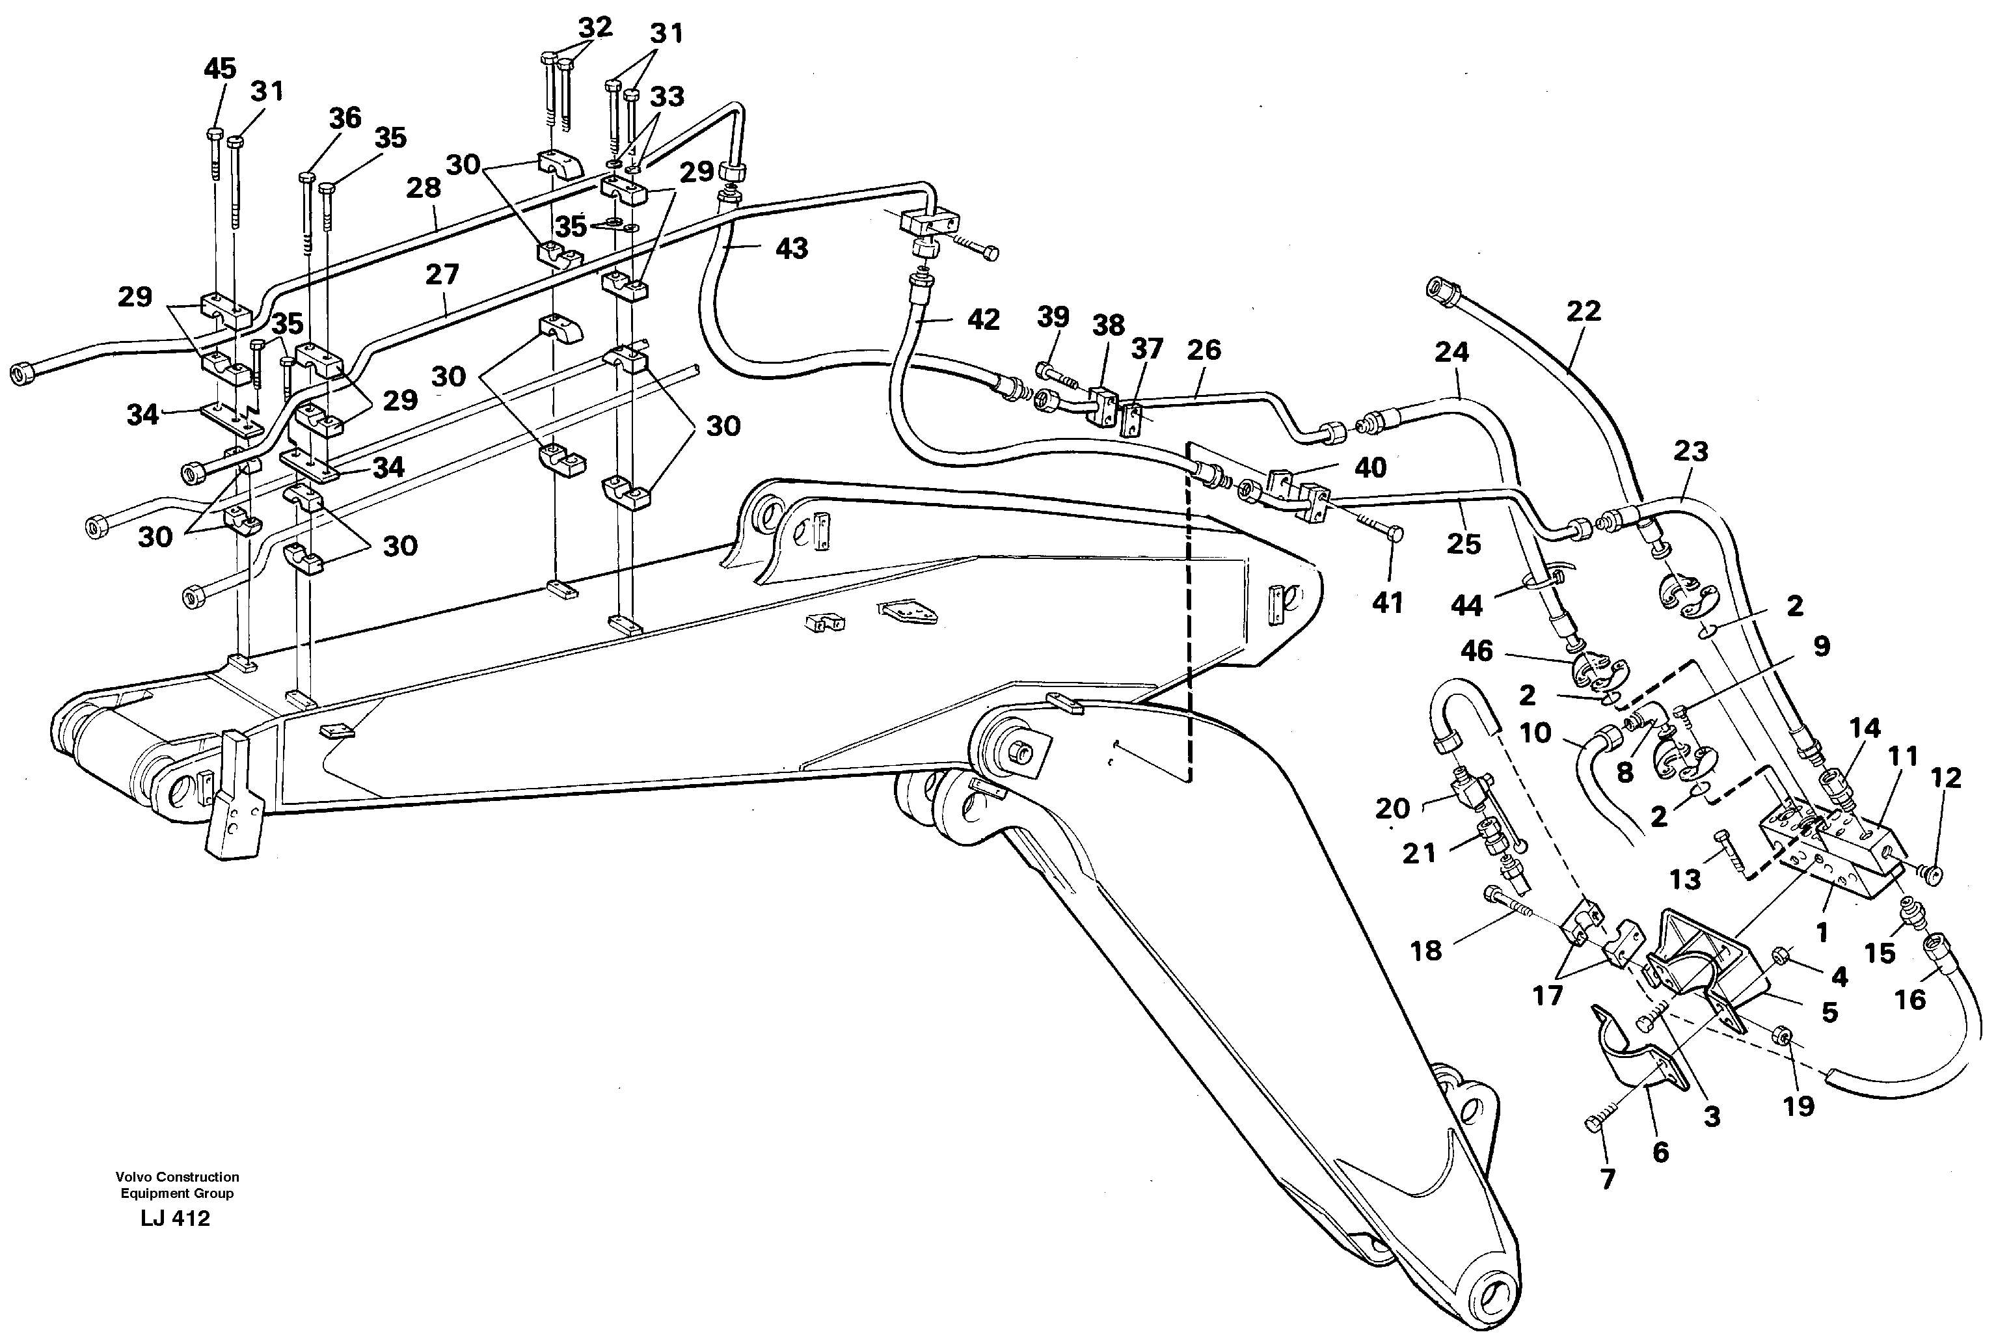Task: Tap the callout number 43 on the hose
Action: pyautogui.click(x=790, y=249)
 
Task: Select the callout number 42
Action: pyautogui.click(x=982, y=319)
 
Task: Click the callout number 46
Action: pyautogui.click(x=1476, y=651)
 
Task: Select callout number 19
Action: pyautogui.click(x=1798, y=1106)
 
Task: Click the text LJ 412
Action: pyautogui.click(x=176, y=1218)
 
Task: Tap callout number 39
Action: pyautogui.click(x=1053, y=317)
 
